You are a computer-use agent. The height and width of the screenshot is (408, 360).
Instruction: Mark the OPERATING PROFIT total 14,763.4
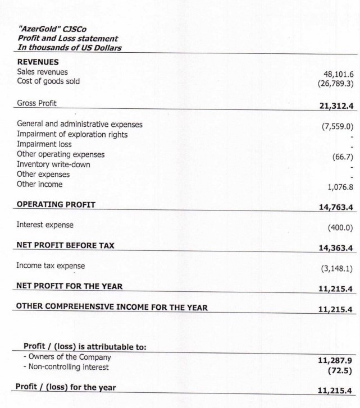tap(331, 208)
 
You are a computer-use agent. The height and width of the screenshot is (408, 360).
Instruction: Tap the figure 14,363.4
tap(331, 250)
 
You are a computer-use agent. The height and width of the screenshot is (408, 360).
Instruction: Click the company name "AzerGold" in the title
tap(39, 29)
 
